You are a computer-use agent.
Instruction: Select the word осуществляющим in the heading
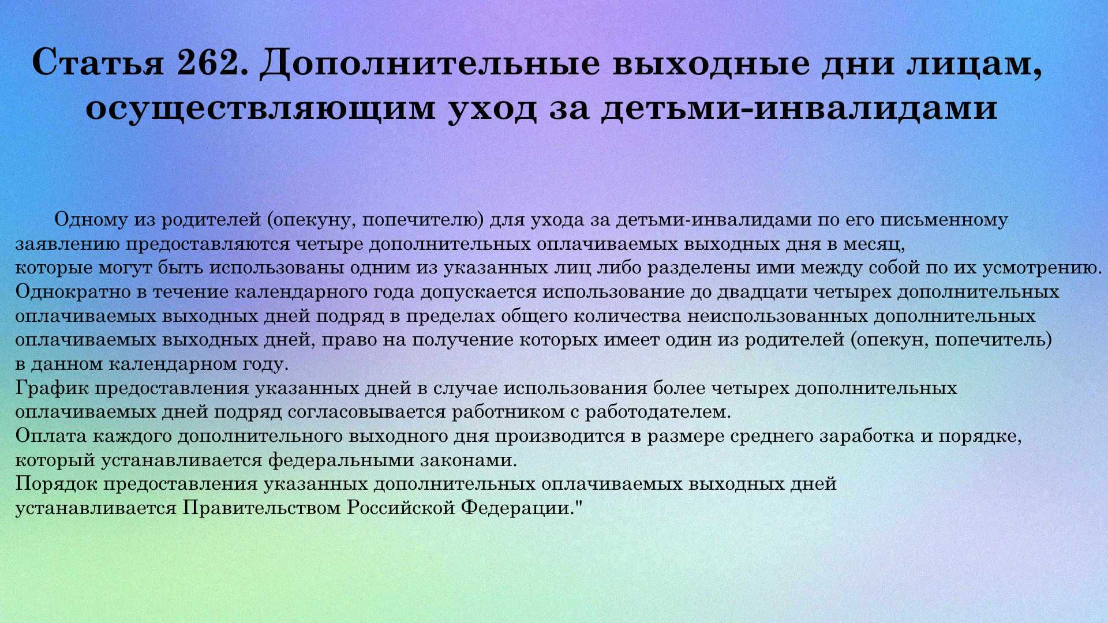click(x=260, y=108)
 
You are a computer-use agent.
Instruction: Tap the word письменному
click(x=945, y=220)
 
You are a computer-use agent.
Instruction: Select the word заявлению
click(x=68, y=244)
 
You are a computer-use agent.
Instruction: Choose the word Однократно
click(x=73, y=292)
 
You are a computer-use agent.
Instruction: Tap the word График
click(x=52, y=388)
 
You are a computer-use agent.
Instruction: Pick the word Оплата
click(x=51, y=436)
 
